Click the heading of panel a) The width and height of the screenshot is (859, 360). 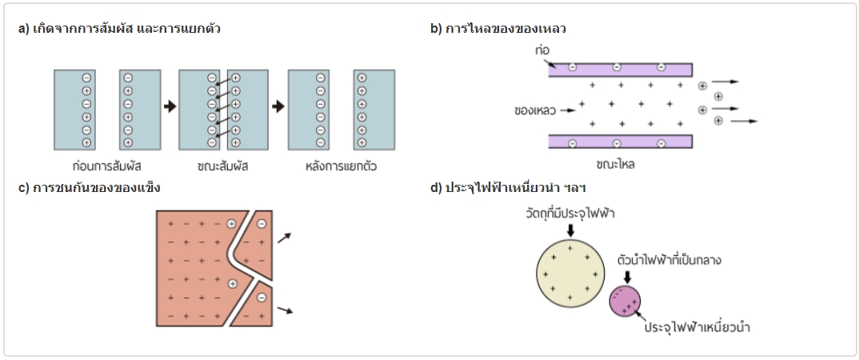[119, 29]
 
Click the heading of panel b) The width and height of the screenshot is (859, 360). [497, 29]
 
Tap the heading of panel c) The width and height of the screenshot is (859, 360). [89, 188]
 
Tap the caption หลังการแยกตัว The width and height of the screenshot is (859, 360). [341, 167]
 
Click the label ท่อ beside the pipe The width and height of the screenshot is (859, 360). [543, 50]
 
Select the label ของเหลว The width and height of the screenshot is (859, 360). [534, 110]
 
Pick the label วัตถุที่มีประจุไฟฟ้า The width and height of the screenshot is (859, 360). [570, 214]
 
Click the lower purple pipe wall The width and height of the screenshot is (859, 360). [620, 142]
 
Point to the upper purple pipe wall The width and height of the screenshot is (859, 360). [620, 69]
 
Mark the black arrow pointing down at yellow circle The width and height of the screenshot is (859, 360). [569, 230]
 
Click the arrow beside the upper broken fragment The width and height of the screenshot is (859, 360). [284, 237]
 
